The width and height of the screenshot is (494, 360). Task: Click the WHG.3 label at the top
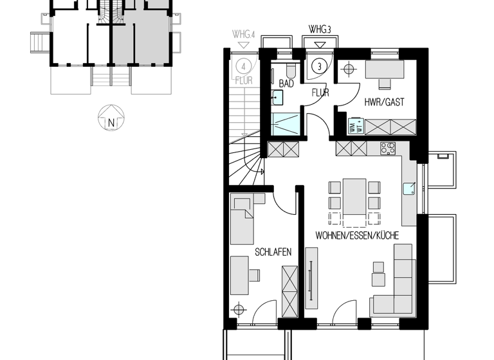coord(320,30)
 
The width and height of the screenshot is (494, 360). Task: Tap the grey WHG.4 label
coord(244,34)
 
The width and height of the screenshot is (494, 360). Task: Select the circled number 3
coord(317,65)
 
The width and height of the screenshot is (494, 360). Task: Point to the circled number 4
coord(243,65)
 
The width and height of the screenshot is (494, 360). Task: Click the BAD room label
coord(286,84)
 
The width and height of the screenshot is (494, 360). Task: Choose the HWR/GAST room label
coord(385,102)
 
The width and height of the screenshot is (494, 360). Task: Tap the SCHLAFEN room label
coord(273,253)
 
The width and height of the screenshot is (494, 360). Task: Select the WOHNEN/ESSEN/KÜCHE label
coord(356,236)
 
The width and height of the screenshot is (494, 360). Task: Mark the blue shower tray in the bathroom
coord(284,123)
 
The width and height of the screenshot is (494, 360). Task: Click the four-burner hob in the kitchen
coord(388,148)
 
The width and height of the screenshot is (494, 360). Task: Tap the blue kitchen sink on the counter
coord(408,188)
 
